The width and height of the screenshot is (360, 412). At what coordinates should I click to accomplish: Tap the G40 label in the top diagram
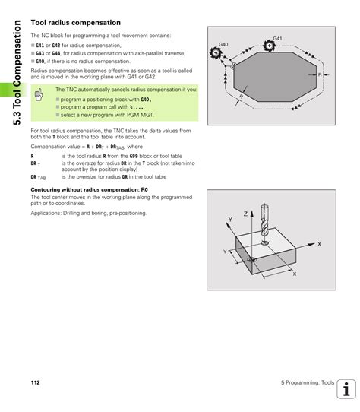point(223,45)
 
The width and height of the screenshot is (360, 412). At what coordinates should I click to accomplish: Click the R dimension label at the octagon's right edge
point(320,74)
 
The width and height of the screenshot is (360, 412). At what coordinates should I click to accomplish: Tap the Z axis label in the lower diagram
point(246,215)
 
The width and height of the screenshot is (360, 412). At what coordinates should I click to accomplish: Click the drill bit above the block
point(264,222)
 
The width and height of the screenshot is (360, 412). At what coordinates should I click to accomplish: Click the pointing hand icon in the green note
point(38,94)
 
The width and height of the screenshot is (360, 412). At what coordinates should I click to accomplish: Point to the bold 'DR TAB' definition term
point(38,177)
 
